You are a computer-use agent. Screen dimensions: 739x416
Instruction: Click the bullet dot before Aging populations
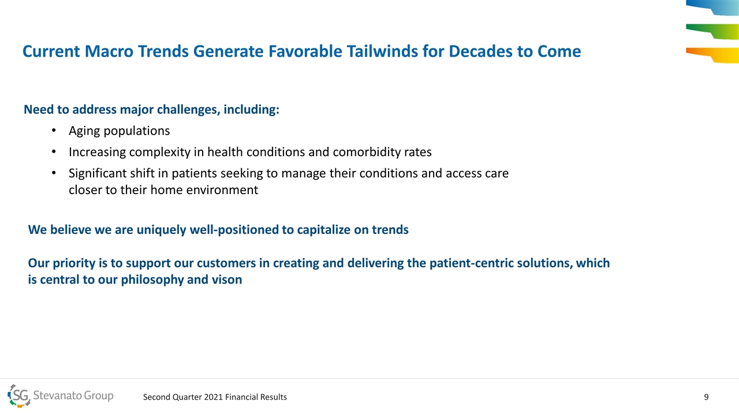pos(54,131)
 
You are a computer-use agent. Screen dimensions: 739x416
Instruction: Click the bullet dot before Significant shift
pos(54,173)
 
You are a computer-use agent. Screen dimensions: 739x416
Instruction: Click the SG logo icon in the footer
pos(19,396)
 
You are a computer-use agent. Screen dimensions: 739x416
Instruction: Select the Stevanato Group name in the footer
pos(73,395)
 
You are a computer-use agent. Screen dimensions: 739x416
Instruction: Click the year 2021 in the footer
pos(214,397)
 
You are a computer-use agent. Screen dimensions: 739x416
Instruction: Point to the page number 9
pos(706,397)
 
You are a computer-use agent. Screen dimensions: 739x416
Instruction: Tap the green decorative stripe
pos(712,31)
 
